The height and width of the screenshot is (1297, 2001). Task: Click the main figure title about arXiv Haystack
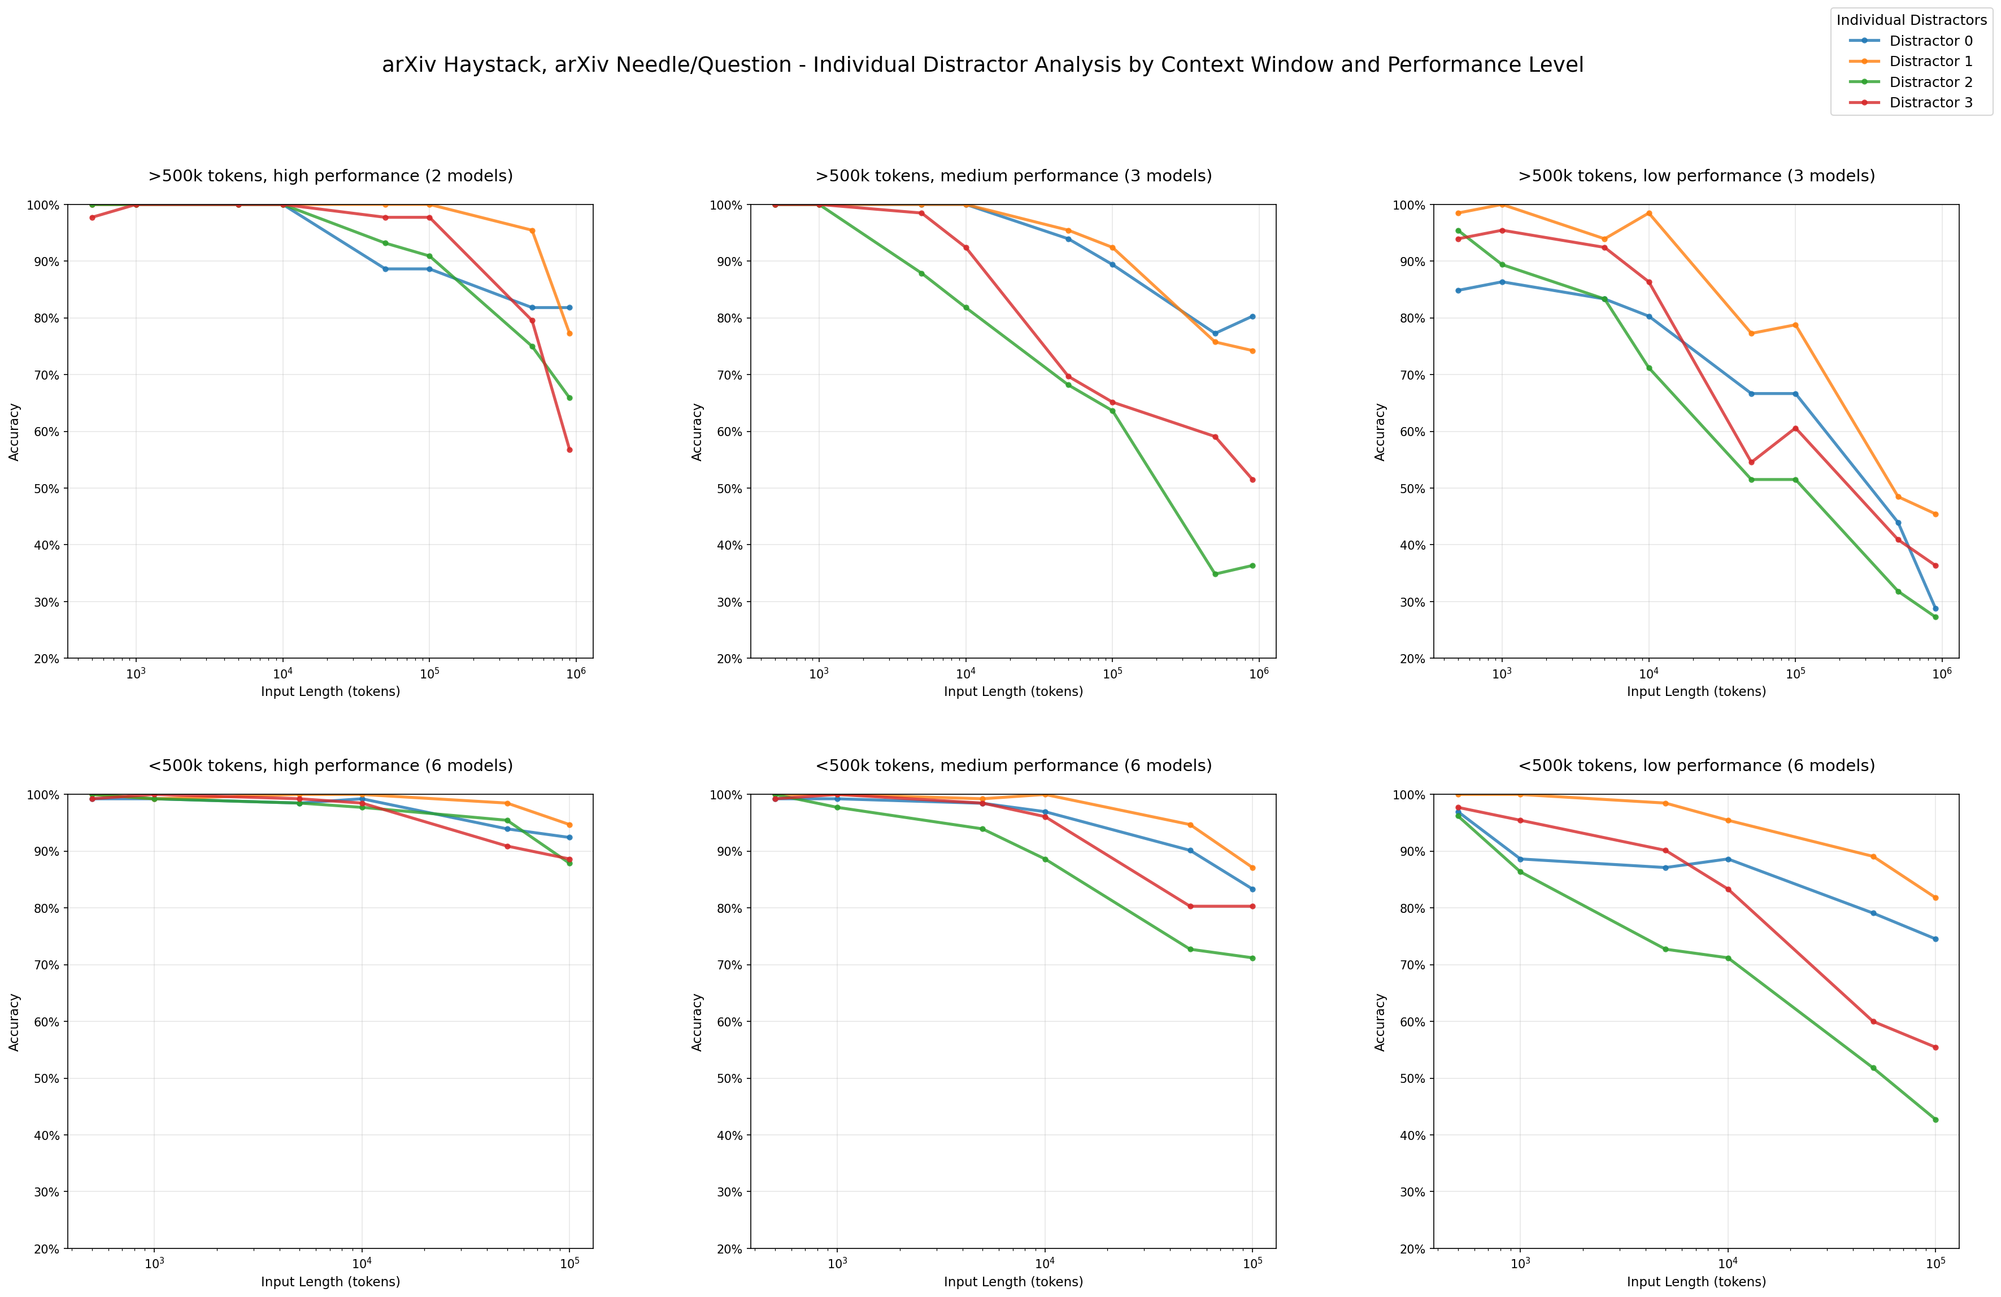point(982,65)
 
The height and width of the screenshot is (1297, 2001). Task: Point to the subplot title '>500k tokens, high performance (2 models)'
point(330,176)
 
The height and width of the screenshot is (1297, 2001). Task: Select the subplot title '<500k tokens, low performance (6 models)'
point(1696,766)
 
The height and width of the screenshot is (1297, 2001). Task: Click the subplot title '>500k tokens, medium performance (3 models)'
point(1013,176)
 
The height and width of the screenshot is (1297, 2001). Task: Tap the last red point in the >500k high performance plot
point(569,450)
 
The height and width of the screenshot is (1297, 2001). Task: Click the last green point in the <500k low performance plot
point(1935,1120)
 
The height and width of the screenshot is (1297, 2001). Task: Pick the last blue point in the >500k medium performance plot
point(1252,317)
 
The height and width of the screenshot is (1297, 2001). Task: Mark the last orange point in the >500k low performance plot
point(1935,515)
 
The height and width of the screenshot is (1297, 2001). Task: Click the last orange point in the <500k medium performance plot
point(1252,868)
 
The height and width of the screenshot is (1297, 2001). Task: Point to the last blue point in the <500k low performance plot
point(1935,939)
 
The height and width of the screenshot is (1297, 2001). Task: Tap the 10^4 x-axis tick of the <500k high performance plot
point(362,1263)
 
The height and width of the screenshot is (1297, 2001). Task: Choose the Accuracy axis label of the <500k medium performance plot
point(697,1021)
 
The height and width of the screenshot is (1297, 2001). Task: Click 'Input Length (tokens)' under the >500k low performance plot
point(1696,692)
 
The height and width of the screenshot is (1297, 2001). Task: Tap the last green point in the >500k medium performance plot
point(1252,565)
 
